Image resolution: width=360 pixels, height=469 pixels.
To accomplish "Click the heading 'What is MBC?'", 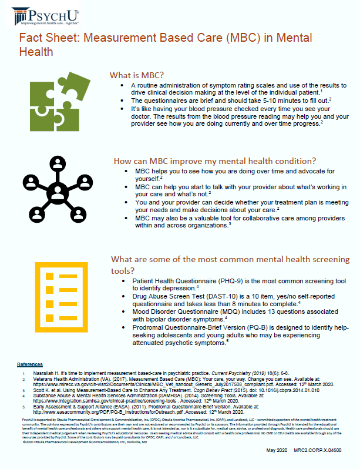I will tap(136, 75).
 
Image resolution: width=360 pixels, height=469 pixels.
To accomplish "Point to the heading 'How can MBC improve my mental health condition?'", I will tap(214, 160).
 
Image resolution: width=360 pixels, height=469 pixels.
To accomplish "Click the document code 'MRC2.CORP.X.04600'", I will tap(324, 450).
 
